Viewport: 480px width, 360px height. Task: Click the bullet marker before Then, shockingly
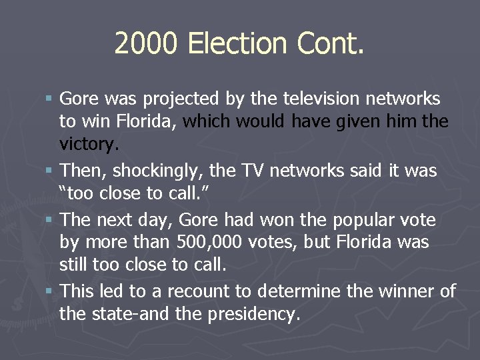tap(51, 171)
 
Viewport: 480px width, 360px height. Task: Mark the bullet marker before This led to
tap(51, 291)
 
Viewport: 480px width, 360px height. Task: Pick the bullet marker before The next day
tap(51, 219)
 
